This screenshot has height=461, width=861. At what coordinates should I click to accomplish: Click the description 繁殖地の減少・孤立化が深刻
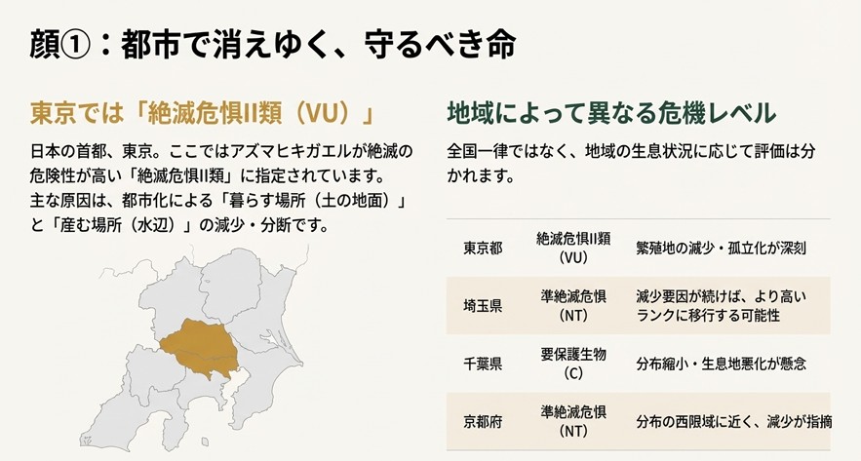pos(720,249)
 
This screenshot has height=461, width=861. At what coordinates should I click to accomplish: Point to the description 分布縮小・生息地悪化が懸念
pos(720,364)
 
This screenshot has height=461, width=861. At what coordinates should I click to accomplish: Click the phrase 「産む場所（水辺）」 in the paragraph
pos(115,224)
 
